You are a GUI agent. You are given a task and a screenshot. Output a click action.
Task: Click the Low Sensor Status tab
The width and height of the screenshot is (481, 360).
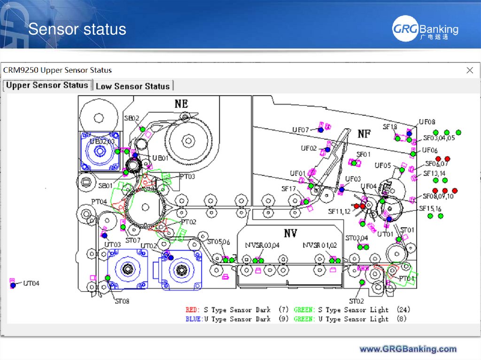(x=133, y=86)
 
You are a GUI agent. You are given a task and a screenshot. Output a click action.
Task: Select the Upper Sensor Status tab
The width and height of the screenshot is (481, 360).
(x=47, y=85)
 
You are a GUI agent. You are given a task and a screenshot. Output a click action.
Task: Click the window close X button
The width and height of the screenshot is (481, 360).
(x=469, y=70)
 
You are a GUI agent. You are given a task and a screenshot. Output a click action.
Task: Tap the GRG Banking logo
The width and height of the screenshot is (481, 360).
(x=425, y=30)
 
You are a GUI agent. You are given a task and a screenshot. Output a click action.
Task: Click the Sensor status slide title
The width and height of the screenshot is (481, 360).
(x=77, y=29)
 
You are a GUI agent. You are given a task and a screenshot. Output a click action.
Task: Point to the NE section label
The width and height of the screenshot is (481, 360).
(x=181, y=103)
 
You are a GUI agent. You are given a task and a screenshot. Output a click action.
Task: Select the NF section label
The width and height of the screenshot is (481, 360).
(x=365, y=134)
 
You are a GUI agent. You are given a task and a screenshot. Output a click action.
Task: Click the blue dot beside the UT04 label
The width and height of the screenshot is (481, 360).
(x=13, y=285)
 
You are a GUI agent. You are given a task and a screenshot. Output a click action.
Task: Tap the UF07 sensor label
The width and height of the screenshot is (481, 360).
(x=301, y=130)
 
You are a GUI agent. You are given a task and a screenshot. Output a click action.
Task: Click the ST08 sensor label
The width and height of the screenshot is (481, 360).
(x=122, y=301)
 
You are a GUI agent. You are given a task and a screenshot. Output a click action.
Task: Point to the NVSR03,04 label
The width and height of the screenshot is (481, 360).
(x=262, y=245)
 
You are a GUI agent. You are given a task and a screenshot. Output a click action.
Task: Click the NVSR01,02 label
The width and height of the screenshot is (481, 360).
(x=320, y=245)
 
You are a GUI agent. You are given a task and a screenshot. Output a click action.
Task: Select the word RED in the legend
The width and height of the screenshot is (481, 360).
(x=192, y=310)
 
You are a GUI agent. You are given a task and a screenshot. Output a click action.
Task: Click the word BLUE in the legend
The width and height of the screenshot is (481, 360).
(x=194, y=319)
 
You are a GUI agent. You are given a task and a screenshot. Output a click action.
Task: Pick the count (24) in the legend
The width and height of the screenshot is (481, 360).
(x=403, y=310)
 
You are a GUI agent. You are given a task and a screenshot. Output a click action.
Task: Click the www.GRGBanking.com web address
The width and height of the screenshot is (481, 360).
(x=408, y=349)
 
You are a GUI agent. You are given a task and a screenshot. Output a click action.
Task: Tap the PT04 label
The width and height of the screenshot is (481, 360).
(x=99, y=202)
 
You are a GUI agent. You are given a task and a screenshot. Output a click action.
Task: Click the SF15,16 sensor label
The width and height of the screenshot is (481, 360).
(x=430, y=208)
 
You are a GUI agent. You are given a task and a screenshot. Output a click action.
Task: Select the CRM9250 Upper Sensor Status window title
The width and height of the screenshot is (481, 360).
(x=58, y=70)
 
